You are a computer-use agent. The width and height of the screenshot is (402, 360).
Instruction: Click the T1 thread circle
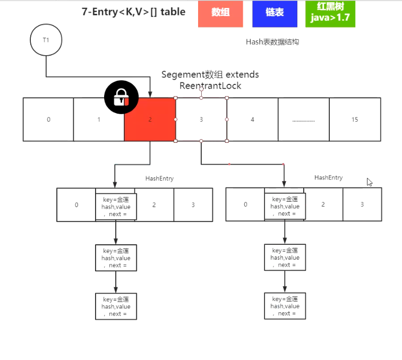[x=46, y=40]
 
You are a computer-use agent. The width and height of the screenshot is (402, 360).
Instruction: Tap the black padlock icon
[x=121, y=97]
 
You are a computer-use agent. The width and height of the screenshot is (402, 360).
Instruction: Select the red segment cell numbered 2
[x=150, y=120]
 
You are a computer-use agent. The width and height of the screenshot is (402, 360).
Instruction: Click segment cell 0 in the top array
[x=48, y=119]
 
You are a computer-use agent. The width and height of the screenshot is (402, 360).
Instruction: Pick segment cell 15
[x=355, y=119]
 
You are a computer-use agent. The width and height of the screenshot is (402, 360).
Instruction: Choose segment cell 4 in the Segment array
[x=252, y=119]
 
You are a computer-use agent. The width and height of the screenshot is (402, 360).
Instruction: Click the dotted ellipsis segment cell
[x=304, y=119]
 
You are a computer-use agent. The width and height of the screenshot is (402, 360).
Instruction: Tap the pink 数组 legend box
[x=220, y=13]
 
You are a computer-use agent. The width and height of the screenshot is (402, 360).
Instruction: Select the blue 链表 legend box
[x=275, y=13]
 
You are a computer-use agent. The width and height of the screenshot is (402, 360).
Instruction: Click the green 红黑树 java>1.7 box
[x=330, y=13]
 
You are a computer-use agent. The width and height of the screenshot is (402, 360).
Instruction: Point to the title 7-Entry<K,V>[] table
[x=133, y=12]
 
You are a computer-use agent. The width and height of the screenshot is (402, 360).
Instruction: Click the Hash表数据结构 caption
[x=272, y=41]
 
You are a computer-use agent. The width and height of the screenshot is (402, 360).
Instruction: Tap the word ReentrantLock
[x=210, y=85]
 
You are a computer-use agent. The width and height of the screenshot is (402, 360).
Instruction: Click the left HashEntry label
[x=159, y=178]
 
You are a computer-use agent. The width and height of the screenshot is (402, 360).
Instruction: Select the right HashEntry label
[x=328, y=177]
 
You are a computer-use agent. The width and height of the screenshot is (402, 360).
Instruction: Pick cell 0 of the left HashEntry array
[x=76, y=204]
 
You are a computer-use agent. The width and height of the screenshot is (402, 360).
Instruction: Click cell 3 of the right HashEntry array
[x=362, y=204]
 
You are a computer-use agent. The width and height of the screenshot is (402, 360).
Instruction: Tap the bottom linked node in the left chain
[x=116, y=306]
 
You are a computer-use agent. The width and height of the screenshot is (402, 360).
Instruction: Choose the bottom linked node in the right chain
[x=285, y=306]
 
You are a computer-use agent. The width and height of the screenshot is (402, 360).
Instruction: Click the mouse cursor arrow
[x=370, y=182]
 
